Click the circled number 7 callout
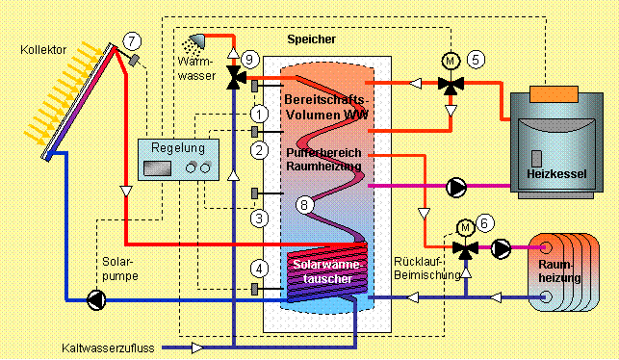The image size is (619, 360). pos(132,40)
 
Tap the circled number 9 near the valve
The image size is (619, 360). pos(249,60)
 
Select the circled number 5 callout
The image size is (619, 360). pos(476,60)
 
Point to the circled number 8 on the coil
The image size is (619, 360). pos(304,205)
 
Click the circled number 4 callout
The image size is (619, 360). pos(259,269)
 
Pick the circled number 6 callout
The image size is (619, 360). pos(484,223)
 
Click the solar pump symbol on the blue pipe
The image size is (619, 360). pos(96,300)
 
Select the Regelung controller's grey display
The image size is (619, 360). pos(158,168)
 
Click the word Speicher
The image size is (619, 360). pos(312,39)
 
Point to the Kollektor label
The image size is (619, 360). pos(43,50)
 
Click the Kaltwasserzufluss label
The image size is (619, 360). pos(108,348)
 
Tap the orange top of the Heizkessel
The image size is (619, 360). pos(554,94)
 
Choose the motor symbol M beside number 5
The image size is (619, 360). pos(451,62)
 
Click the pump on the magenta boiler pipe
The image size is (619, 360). pos(456,188)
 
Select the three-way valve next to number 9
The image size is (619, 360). pos(236,77)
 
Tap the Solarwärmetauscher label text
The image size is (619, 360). pos(327,271)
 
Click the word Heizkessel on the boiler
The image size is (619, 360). pos(556,173)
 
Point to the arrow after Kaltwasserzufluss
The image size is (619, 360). pos(197,347)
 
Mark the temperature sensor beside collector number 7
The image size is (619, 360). pos(135,60)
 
